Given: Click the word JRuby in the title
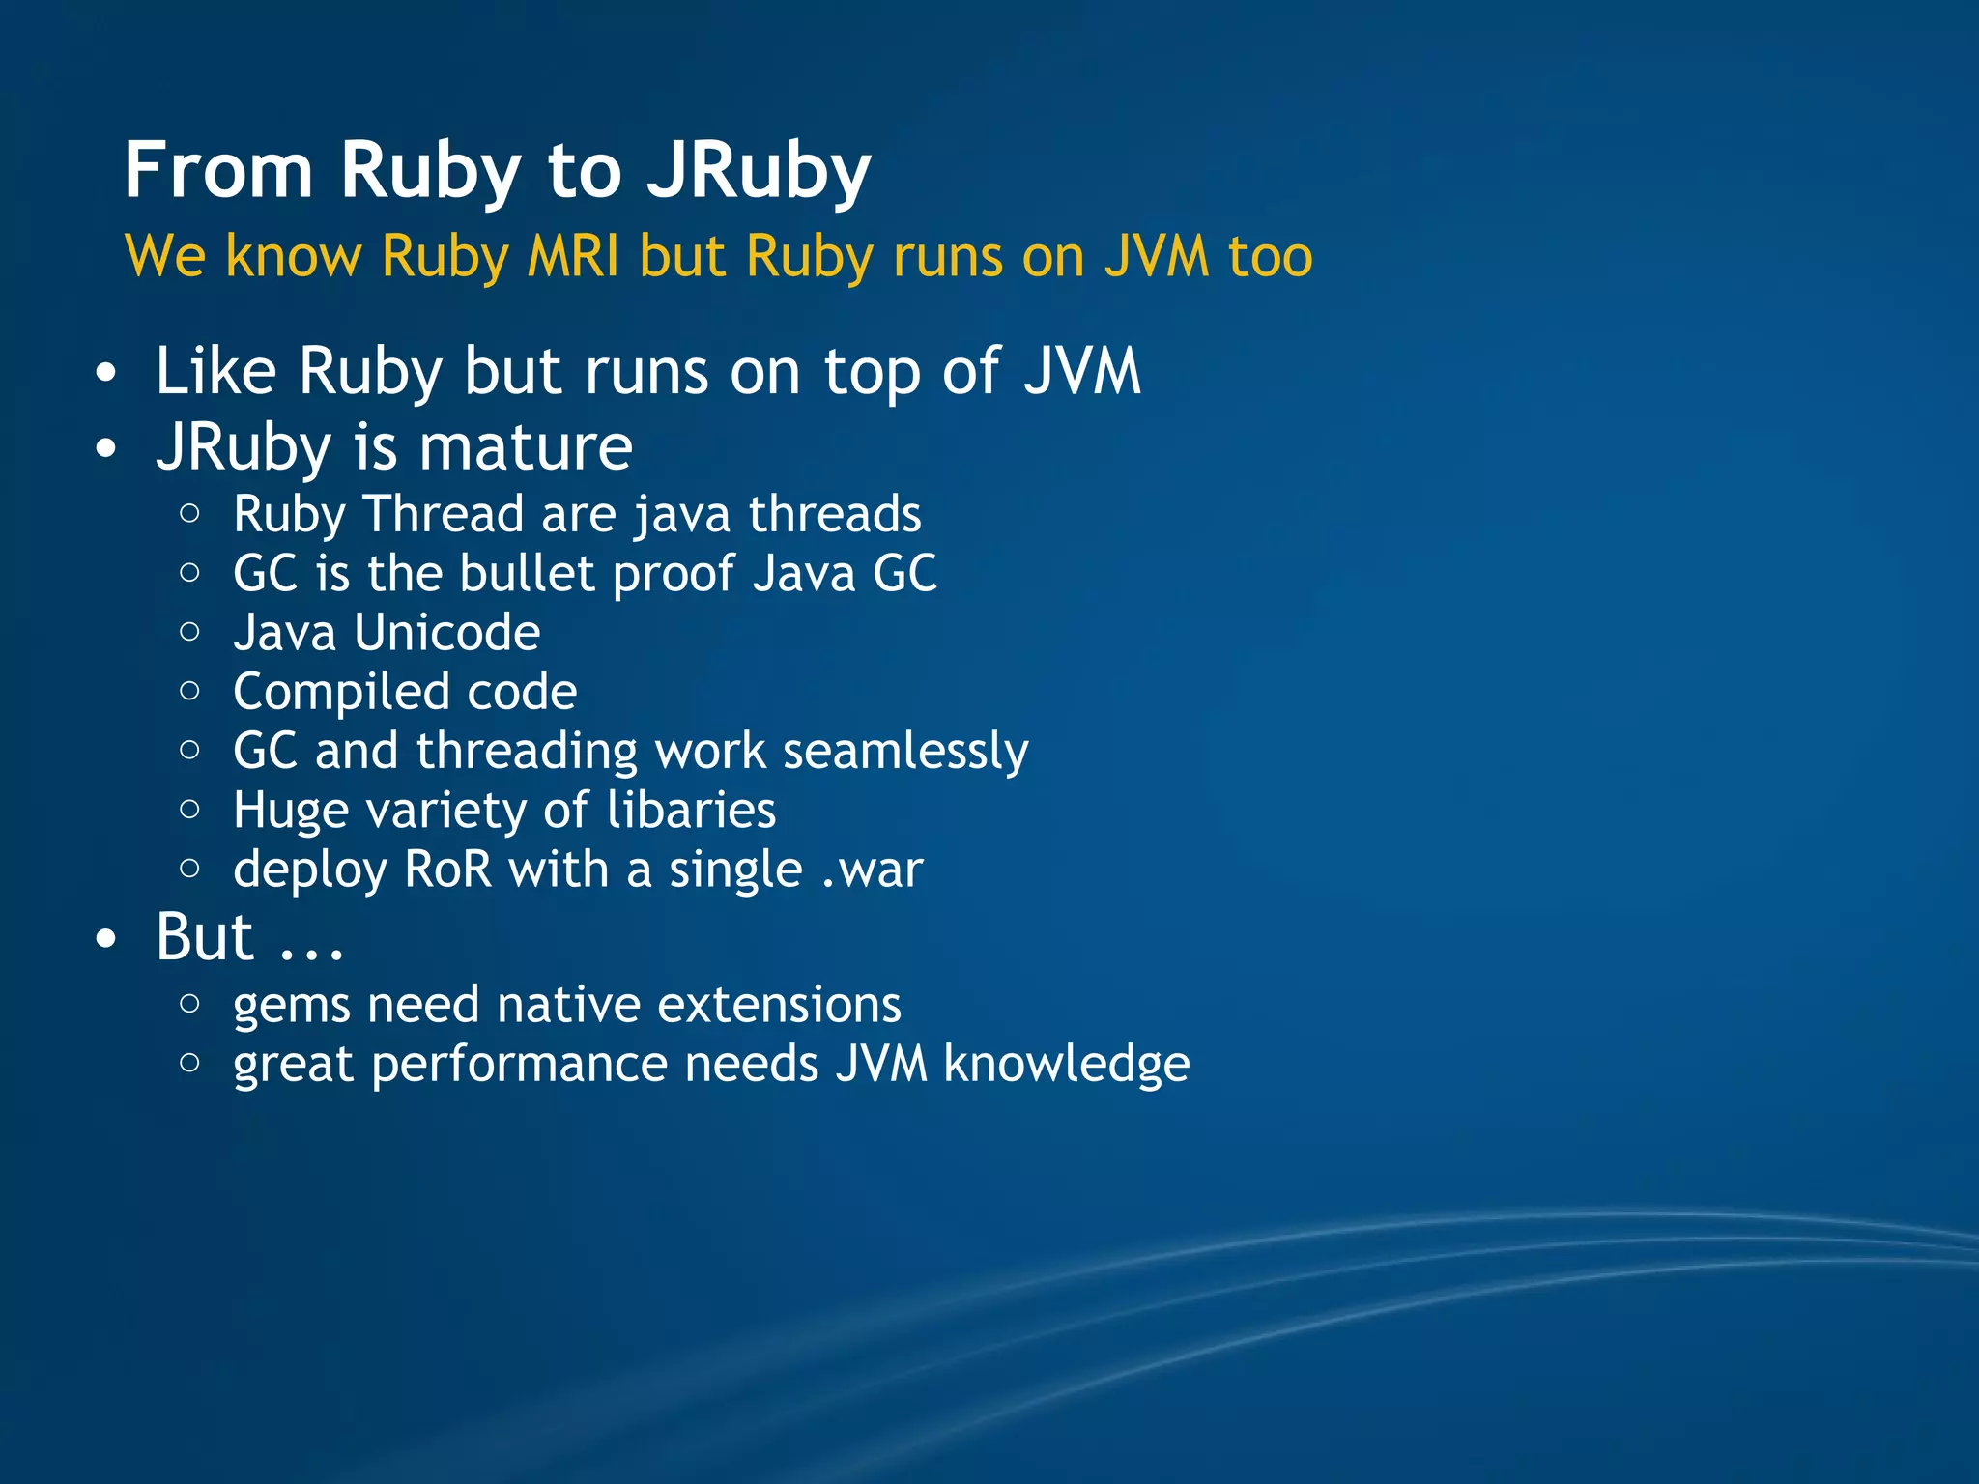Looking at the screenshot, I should [759, 172].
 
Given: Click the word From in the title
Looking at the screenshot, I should [218, 170].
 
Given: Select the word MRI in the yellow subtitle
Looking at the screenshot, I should [572, 257].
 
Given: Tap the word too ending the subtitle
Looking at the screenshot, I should [1270, 257].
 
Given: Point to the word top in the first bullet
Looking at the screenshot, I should [871, 373].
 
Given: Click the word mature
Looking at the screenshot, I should [526, 448].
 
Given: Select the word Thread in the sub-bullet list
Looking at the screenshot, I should [444, 514].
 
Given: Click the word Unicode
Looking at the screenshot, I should [446, 633].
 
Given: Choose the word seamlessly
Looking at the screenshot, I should [905, 752].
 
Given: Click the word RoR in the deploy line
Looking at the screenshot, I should [448, 870].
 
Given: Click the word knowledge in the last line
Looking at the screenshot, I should [1066, 1065].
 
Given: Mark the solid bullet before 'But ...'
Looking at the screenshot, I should [106, 938].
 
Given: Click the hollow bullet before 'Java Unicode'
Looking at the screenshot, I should [190, 632].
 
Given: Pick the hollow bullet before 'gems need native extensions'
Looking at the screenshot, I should [190, 1004].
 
